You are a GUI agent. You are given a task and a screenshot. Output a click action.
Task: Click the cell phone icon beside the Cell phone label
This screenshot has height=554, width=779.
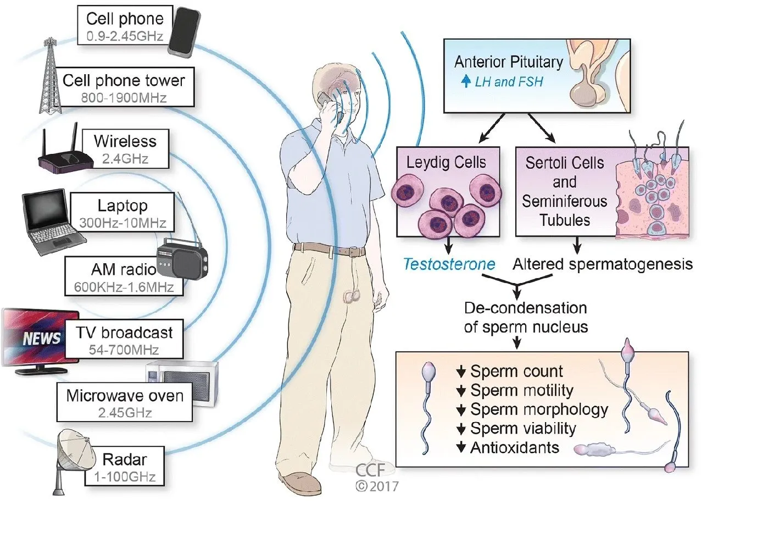tap(184, 32)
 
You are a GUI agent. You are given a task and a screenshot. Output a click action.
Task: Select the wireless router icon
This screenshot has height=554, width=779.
tap(65, 157)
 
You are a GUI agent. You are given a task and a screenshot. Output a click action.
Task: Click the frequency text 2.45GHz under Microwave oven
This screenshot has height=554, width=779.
tap(125, 413)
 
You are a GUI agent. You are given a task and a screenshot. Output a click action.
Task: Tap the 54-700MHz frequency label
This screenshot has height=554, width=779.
tap(124, 350)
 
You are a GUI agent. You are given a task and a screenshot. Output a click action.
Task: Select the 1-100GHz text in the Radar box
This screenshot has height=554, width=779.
tap(125, 477)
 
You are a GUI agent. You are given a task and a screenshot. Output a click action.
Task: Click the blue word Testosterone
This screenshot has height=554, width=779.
tap(449, 264)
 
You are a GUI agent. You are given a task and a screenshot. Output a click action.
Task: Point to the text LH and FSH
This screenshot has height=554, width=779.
tap(509, 82)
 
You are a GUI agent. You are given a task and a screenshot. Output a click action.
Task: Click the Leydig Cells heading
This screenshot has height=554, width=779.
tap(446, 162)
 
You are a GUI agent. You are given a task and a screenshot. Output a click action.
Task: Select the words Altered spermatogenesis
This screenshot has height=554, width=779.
tap(603, 264)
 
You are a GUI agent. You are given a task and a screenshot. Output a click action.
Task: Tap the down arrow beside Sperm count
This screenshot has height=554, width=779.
tap(461, 372)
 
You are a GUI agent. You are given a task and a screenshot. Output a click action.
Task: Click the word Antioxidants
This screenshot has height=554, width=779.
tap(515, 447)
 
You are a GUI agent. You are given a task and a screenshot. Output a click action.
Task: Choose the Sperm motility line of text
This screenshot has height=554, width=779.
tap(522, 390)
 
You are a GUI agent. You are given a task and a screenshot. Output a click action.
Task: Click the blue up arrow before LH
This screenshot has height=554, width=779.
tap(466, 81)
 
